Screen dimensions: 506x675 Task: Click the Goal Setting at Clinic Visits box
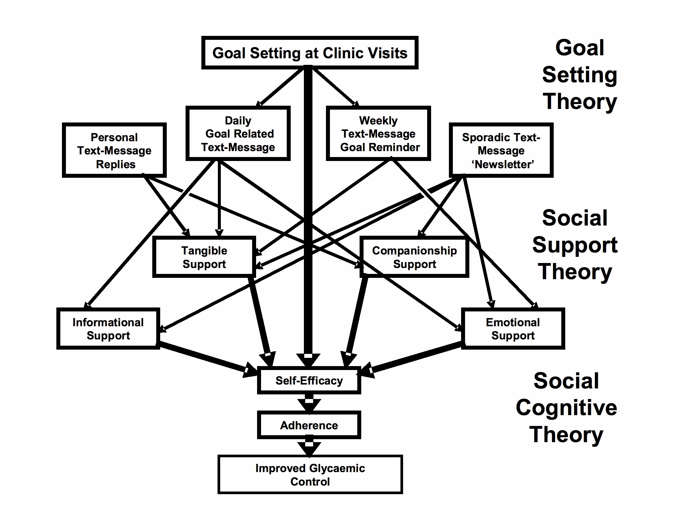[x=310, y=53]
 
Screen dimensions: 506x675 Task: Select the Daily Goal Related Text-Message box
[x=238, y=133]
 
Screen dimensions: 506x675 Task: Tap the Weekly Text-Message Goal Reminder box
[x=378, y=133]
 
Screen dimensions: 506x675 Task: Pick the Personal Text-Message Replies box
[x=114, y=150]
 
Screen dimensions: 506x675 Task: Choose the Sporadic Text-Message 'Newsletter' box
[x=501, y=150]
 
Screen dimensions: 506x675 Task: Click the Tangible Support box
[x=204, y=257]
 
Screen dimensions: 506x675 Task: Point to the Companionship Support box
[x=414, y=257]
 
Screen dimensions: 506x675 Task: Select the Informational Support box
[x=108, y=329]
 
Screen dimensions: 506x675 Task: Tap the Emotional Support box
[x=513, y=329]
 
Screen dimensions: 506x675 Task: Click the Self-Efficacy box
[x=309, y=381]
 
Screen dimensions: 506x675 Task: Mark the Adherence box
[x=309, y=425]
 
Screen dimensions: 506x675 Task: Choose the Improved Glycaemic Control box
[x=310, y=474]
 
